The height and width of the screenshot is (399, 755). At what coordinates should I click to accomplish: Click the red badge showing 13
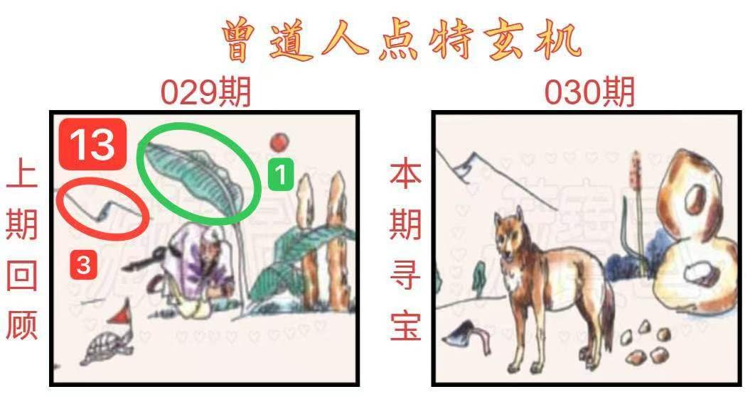coord(93,144)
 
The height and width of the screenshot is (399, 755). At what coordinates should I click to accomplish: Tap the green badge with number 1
coord(282,173)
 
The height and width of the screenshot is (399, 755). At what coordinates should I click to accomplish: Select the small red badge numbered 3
coord(84,265)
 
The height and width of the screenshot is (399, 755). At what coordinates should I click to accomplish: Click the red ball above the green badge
coord(279,142)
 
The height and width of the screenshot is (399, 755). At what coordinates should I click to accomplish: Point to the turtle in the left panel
coord(107,347)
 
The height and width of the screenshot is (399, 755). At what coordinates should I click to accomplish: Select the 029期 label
coord(205,93)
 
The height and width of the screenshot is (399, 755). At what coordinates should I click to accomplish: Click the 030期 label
coord(590,92)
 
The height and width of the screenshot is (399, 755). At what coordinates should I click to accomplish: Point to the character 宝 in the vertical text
coord(405,326)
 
